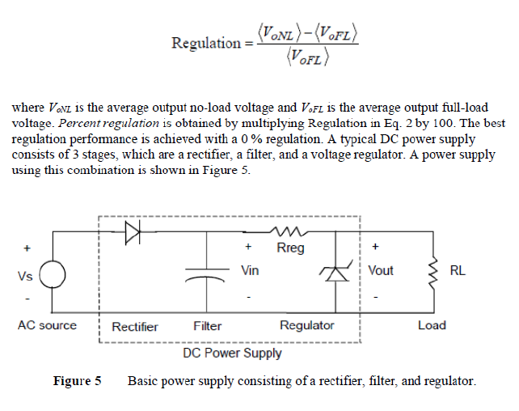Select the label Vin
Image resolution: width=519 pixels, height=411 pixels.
click(x=250, y=270)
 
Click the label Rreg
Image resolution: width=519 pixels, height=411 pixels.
click(x=290, y=248)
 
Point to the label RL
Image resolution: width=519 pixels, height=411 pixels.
click(x=457, y=270)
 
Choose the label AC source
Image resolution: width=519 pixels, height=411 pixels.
click(x=47, y=325)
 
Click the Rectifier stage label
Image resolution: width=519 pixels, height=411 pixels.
click(x=135, y=326)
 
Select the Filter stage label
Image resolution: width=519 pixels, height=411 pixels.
click(x=208, y=326)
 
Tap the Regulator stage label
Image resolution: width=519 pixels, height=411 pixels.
click(x=306, y=326)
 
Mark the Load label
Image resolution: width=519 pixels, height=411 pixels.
click(x=431, y=325)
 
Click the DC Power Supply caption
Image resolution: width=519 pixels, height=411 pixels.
click(x=233, y=353)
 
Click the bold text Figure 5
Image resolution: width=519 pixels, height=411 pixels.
click(x=77, y=380)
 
